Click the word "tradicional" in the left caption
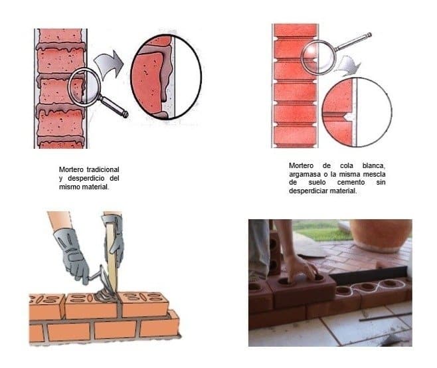coord(103,169)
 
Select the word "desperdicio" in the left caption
coord(86,178)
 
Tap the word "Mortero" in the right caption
coord(302,165)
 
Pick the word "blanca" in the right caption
coord(374,165)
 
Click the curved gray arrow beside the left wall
coord(109,64)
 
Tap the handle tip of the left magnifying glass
coord(126,114)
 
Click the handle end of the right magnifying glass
coord(369,35)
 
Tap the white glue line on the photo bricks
coord(371,287)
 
